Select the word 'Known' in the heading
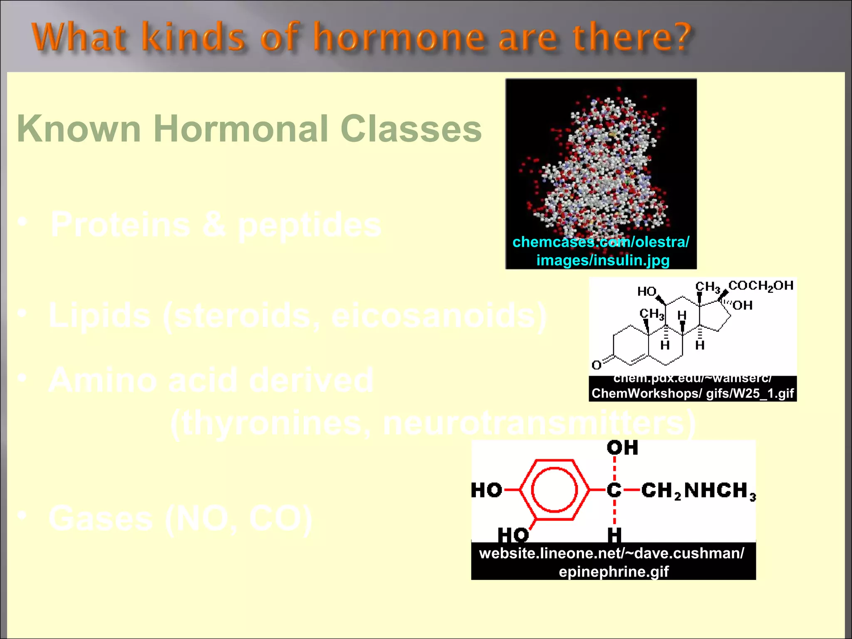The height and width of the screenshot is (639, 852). tap(79, 129)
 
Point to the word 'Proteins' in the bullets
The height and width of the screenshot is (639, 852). tap(120, 225)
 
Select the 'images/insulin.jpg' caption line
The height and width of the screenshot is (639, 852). tap(603, 260)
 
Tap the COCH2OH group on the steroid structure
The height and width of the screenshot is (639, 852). tap(761, 286)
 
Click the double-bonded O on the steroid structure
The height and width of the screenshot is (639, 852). tap(597, 365)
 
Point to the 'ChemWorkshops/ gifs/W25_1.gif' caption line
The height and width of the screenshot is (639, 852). tap(693, 394)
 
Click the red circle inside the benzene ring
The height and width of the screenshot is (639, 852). tap(555, 490)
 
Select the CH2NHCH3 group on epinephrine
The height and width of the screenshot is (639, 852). tap(698, 490)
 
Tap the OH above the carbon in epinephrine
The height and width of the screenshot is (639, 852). tap(622, 448)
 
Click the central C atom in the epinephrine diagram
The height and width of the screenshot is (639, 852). tap(614, 490)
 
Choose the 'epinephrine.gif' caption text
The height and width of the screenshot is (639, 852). tap(614, 572)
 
